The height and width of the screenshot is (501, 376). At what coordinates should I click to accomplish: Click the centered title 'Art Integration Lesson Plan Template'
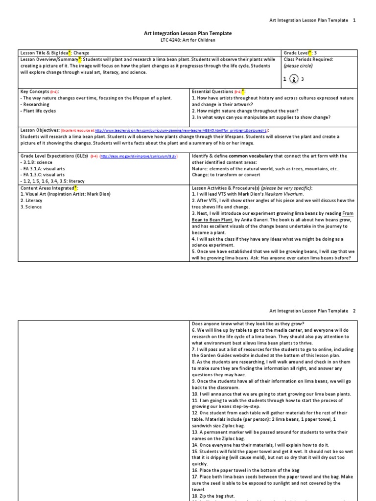pos(188,33)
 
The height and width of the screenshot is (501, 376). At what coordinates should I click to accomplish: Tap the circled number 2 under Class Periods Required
pos(293,79)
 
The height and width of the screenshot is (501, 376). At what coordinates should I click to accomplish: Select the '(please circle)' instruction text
pos(299,66)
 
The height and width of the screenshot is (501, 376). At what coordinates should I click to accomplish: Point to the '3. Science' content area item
pos(31,207)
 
